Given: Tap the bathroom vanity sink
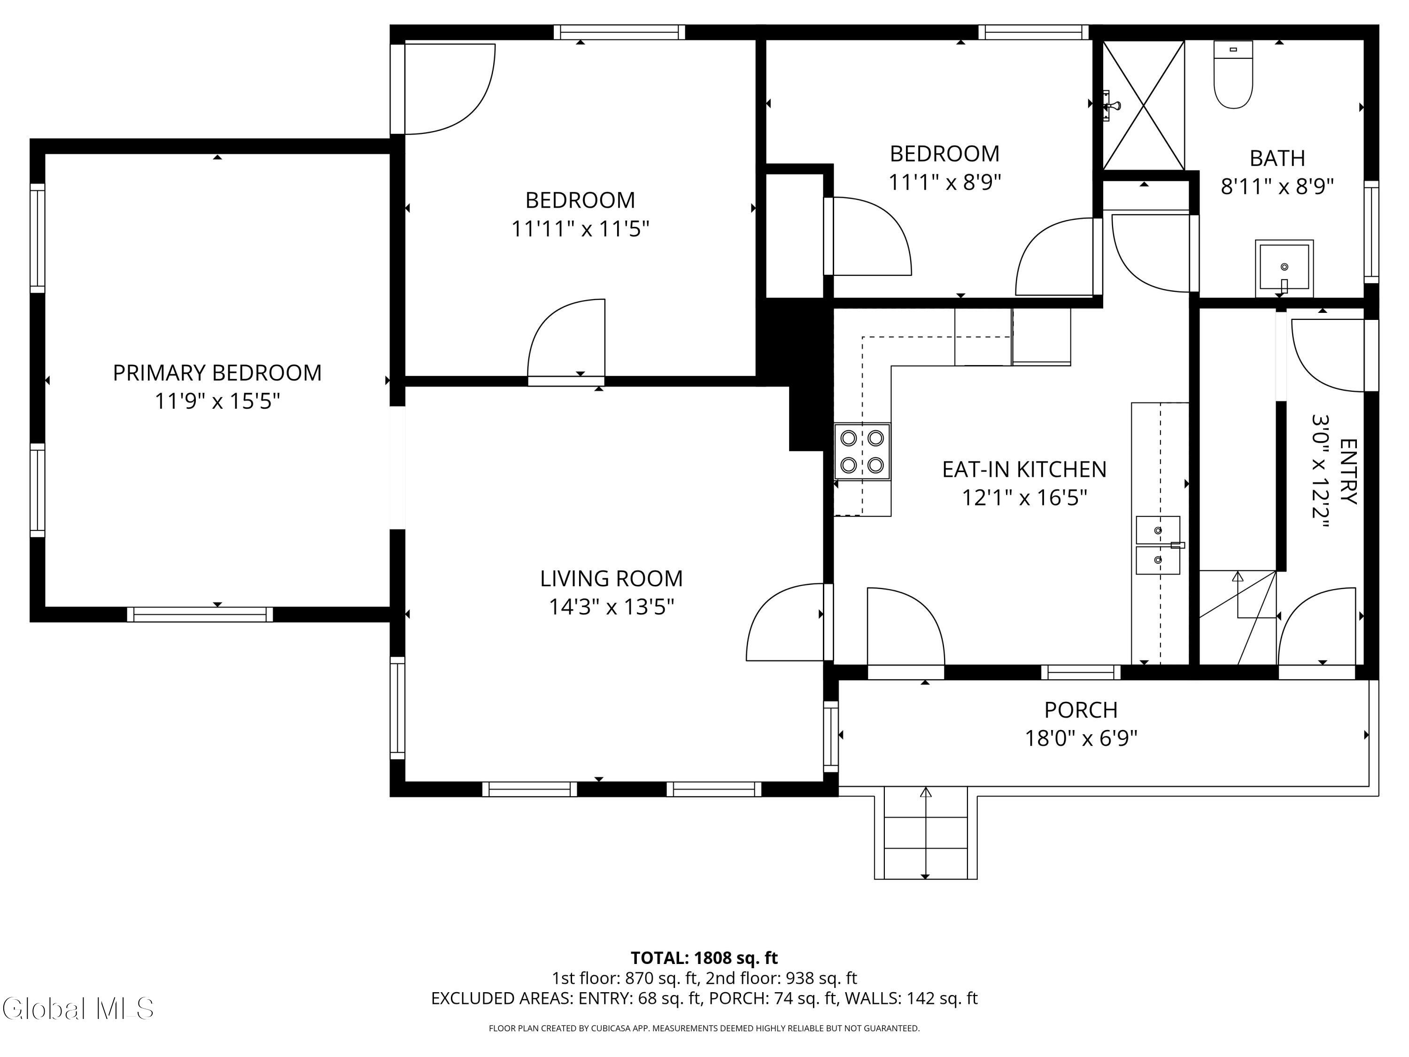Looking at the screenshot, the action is click(x=1284, y=268).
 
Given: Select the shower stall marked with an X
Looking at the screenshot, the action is click(x=1143, y=105).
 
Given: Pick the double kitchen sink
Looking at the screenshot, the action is click(x=1158, y=545).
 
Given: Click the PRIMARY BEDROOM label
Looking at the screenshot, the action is click(x=217, y=373).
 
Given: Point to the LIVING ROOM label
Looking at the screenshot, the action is click(x=612, y=578).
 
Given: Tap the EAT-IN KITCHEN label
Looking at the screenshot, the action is click(x=1024, y=470).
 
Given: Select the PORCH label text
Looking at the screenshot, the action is click(x=1081, y=710).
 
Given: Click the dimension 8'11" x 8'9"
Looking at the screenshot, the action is click(x=1277, y=187).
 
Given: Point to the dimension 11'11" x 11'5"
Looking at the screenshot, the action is click(x=581, y=229).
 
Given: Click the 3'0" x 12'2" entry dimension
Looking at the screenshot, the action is click(x=1320, y=472).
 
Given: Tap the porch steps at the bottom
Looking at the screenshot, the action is click(x=926, y=834).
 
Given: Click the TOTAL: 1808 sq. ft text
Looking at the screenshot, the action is click(x=704, y=957).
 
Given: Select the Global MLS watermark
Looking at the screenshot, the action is click(x=77, y=1009).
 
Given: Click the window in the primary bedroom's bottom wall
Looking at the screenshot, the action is click(x=200, y=614).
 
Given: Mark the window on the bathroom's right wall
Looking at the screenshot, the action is click(x=1371, y=232).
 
